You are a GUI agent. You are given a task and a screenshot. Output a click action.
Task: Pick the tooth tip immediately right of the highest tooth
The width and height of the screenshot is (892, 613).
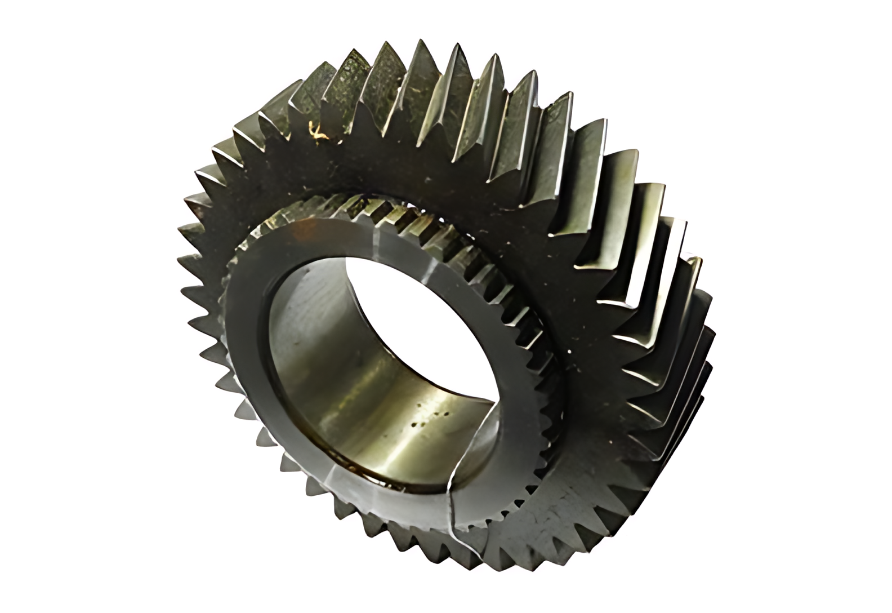click(x=457, y=46)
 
